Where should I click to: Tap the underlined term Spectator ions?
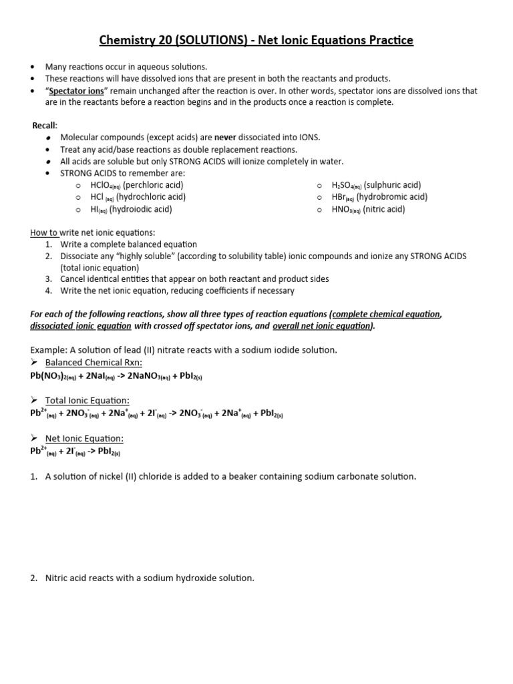click(x=75, y=91)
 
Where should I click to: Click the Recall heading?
click(x=45, y=126)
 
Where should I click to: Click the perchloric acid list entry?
click(x=137, y=185)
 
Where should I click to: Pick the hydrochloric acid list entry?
click(x=138, y=197)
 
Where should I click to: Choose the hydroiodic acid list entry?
click(x=131, y=209)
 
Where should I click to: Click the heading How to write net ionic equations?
click(x=92, y=232)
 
